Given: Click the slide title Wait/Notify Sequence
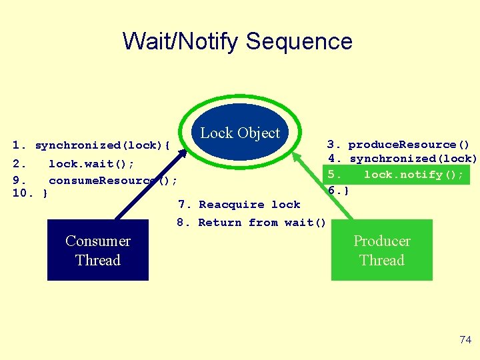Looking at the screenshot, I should click(237, 41).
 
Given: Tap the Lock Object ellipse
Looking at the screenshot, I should click(241, 132).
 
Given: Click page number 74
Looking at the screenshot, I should click(465, 340).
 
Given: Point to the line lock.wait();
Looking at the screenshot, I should click(91, 163).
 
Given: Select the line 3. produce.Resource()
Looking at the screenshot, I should click(398, 145).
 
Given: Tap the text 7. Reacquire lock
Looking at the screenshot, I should click(239, 205).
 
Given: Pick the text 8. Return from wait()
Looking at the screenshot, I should click(251, 223).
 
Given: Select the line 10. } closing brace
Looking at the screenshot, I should click(30, 193).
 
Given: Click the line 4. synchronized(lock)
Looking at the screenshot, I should click(403, 159).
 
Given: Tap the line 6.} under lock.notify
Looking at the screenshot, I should click(338, 190).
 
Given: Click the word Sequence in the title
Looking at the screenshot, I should click(299, 41).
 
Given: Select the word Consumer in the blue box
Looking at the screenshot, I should click(98, 241).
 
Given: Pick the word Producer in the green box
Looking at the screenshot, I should click(381, 241).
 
